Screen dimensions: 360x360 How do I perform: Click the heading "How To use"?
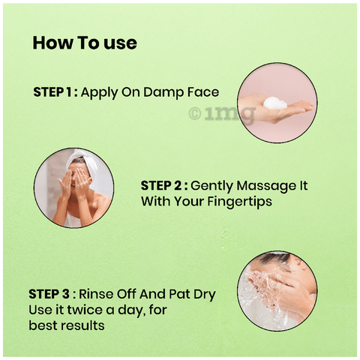click(x=85, y=43)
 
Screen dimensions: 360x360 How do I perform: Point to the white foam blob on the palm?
click(x=275, y=103)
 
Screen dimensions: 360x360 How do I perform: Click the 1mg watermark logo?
click(x=222, y=114)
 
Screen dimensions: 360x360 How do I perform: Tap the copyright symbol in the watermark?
click(x=195, y=113)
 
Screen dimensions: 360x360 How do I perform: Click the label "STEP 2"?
click(x=161, y=186)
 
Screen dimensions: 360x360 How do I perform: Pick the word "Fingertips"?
click(x=240, y=202)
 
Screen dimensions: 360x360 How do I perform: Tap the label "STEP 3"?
click(x=49, y=294)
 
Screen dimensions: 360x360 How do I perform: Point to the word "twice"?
click(x=85, y=310)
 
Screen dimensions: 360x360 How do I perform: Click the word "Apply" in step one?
click(x=100, y=93)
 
